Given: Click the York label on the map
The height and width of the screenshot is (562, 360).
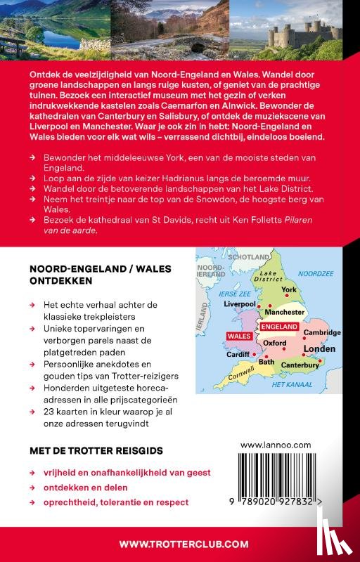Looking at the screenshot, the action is [289, 289].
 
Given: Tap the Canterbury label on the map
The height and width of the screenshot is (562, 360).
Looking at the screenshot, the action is [300, 365].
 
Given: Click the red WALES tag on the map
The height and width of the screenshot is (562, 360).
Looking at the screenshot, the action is [238, 336].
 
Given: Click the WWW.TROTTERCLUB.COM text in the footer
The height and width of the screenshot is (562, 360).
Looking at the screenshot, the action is [184, 544].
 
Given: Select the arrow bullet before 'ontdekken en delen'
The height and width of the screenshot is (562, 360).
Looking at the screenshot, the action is [33, 488].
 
